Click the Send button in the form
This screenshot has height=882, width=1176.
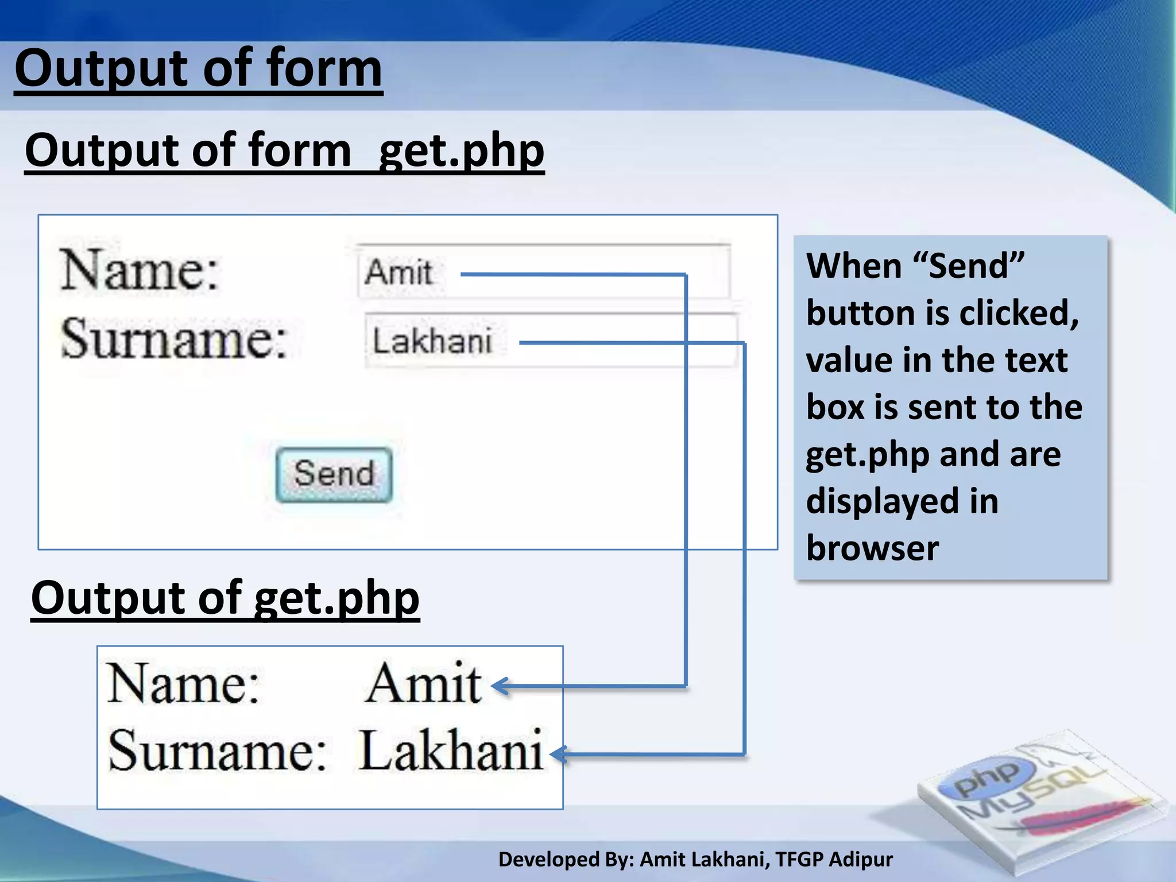point(334,475)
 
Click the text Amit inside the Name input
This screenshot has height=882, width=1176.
point(399,272)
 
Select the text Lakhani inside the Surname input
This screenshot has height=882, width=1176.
point(432,341)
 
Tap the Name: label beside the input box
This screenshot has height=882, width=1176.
point(140,270)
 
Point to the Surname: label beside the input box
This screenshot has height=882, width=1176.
point(173,339)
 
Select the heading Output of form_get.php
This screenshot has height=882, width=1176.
point(284,150)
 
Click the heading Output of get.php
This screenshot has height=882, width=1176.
point(225,598)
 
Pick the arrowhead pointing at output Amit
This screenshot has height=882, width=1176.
point(500,686)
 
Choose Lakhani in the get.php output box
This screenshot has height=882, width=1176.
point(451,751)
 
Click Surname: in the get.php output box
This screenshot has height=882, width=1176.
point(217,751)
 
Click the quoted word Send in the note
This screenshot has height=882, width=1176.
point(968,266)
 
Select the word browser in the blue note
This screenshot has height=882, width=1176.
point(872,548)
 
